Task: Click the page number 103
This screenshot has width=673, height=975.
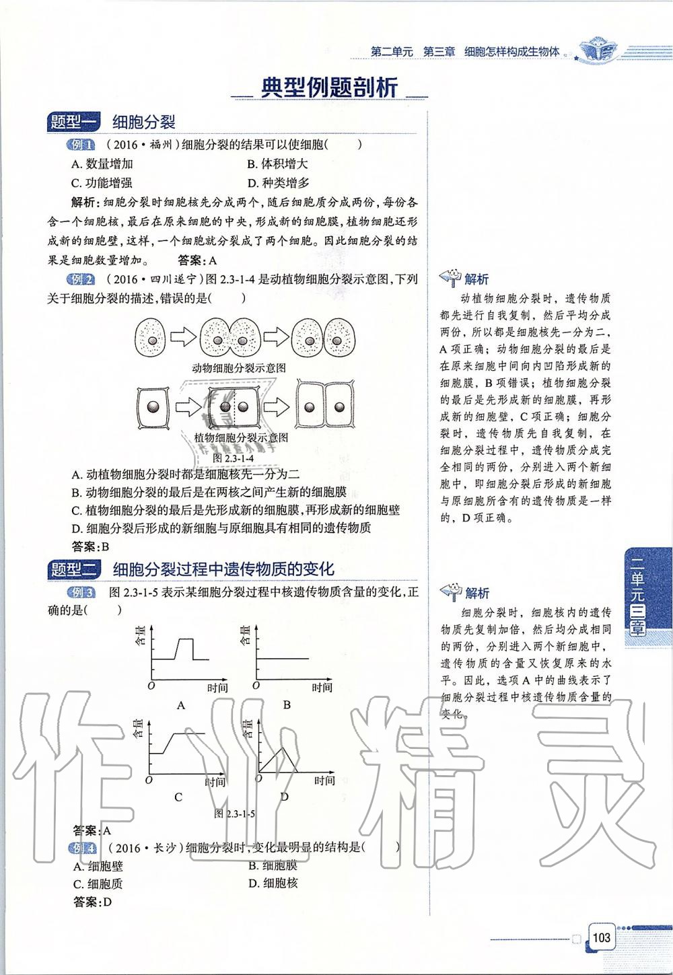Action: pyautogui.click(x=601, y=937)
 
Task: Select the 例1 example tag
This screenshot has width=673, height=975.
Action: pyautogui.click(x=81, y=145)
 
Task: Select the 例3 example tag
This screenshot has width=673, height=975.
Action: pyautogui.click(x=81, y=592)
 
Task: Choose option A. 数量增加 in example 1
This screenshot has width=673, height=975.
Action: pyautogui.click(x=102, y=164)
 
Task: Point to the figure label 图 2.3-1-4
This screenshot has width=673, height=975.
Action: pyautogui.click(x=234, y=458)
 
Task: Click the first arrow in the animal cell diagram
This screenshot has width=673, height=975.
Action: pyautogui.click(x=182, y=337)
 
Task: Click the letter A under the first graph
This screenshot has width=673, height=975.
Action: pyautogui.click(x=180, y=705)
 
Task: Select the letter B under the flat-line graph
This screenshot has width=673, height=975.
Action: pyautogui.click(x=287, y=705)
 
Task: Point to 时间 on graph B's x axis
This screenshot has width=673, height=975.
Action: pyautogui.click(x=322, y=687)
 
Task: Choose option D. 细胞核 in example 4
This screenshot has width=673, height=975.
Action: pyautogui.click(x=273, y=883)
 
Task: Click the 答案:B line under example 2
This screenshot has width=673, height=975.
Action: pyautogui.click(x=90, y=546)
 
